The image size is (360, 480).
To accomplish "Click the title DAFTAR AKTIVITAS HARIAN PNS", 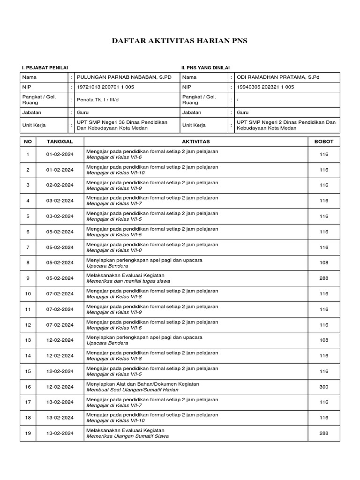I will click(180, 41).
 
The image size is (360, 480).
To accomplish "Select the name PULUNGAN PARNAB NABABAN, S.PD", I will click(124, 77).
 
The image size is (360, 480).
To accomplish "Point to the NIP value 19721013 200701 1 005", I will click(105, 87).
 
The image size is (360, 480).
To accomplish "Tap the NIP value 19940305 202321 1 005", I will click(265, 87).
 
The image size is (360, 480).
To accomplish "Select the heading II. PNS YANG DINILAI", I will click(205, 68).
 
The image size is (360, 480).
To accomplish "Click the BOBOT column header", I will click(324, 141).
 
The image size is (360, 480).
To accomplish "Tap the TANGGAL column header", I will click(60, 141).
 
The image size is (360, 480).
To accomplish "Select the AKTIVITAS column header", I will click(195, 141).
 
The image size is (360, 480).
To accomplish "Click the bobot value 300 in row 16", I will click(324, 387).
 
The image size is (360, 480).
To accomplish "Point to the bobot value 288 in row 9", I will click(324, 278).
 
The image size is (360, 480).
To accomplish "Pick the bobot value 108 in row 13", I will click(324, 340).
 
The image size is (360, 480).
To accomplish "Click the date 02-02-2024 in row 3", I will click(60, 185).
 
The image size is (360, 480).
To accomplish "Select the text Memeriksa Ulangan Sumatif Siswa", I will click(127, 436).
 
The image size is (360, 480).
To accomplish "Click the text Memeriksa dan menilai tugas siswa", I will click(128, 281).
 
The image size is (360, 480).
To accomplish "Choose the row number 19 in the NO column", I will click(28, 433).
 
